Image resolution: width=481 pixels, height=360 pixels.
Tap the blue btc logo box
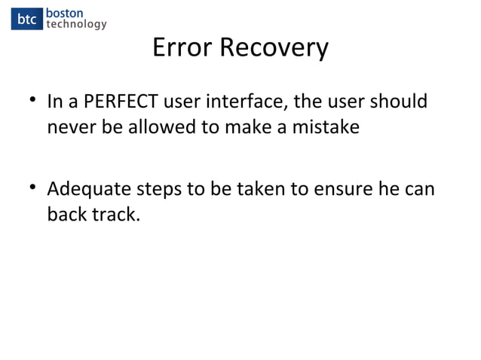[x=26, y=19]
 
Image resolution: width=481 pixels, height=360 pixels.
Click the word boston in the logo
[x=65, y=13]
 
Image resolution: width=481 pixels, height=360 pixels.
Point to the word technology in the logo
[x=76, y=25]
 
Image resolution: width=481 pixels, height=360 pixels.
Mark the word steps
[x=158, y=189]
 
